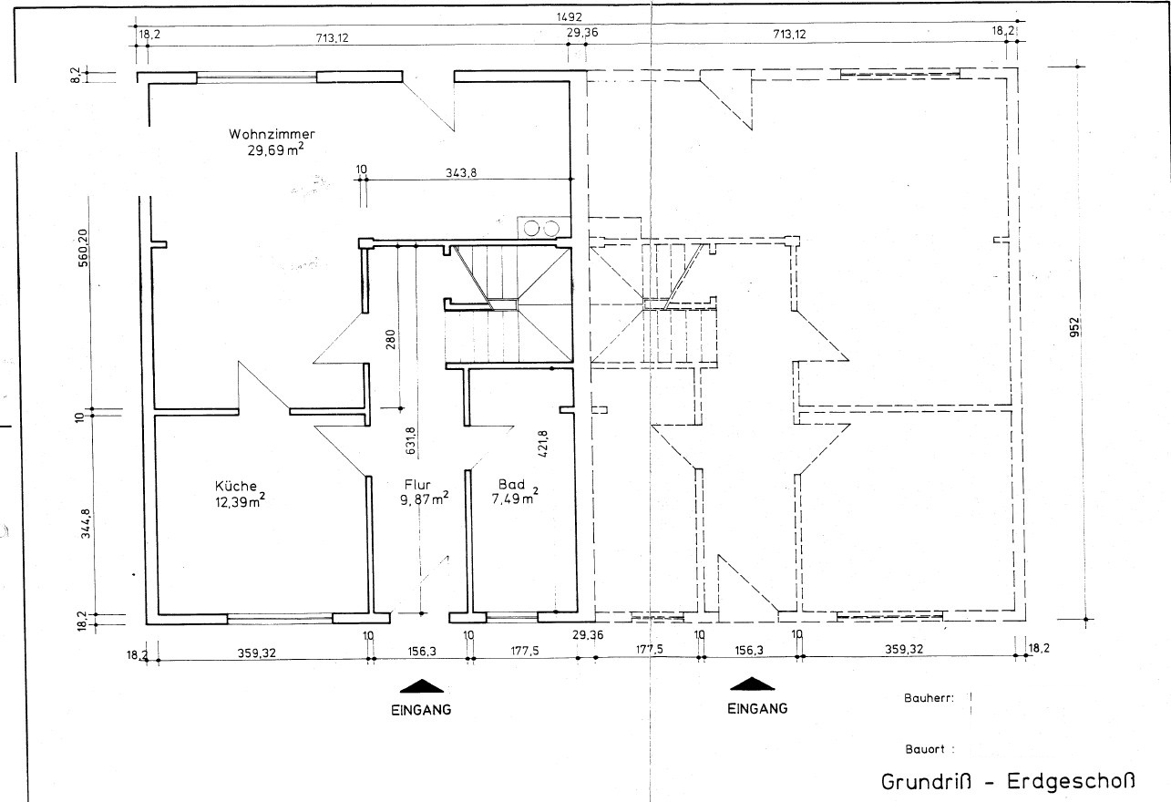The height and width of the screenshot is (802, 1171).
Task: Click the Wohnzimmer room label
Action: point(272,134)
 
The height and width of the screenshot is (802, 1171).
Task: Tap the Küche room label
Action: point(236,486)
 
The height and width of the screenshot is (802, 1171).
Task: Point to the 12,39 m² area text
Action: point(241,501)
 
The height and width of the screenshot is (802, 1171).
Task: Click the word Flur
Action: point(420,486)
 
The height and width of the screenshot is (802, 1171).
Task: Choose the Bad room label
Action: point(508,484)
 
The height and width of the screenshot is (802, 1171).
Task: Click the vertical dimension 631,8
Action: point(412,440)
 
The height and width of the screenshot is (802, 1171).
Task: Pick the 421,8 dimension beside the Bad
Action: point(543,442)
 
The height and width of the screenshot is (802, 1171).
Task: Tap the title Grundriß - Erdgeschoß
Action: point(1009,782)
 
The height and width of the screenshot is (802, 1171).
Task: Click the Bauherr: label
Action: point(929,699)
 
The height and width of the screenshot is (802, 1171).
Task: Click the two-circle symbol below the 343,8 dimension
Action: point(542,228)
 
